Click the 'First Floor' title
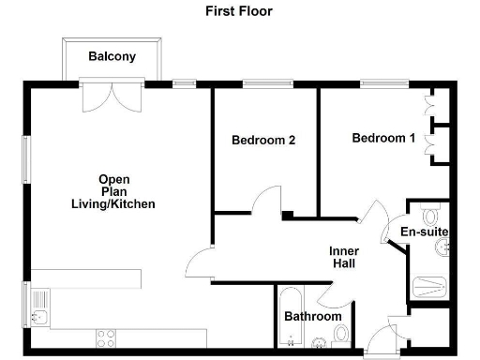239,12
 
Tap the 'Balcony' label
112,56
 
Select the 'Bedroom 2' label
263,141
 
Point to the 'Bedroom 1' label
383,139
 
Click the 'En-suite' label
424,232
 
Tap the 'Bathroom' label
312,317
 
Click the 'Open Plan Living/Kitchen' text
113,192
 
